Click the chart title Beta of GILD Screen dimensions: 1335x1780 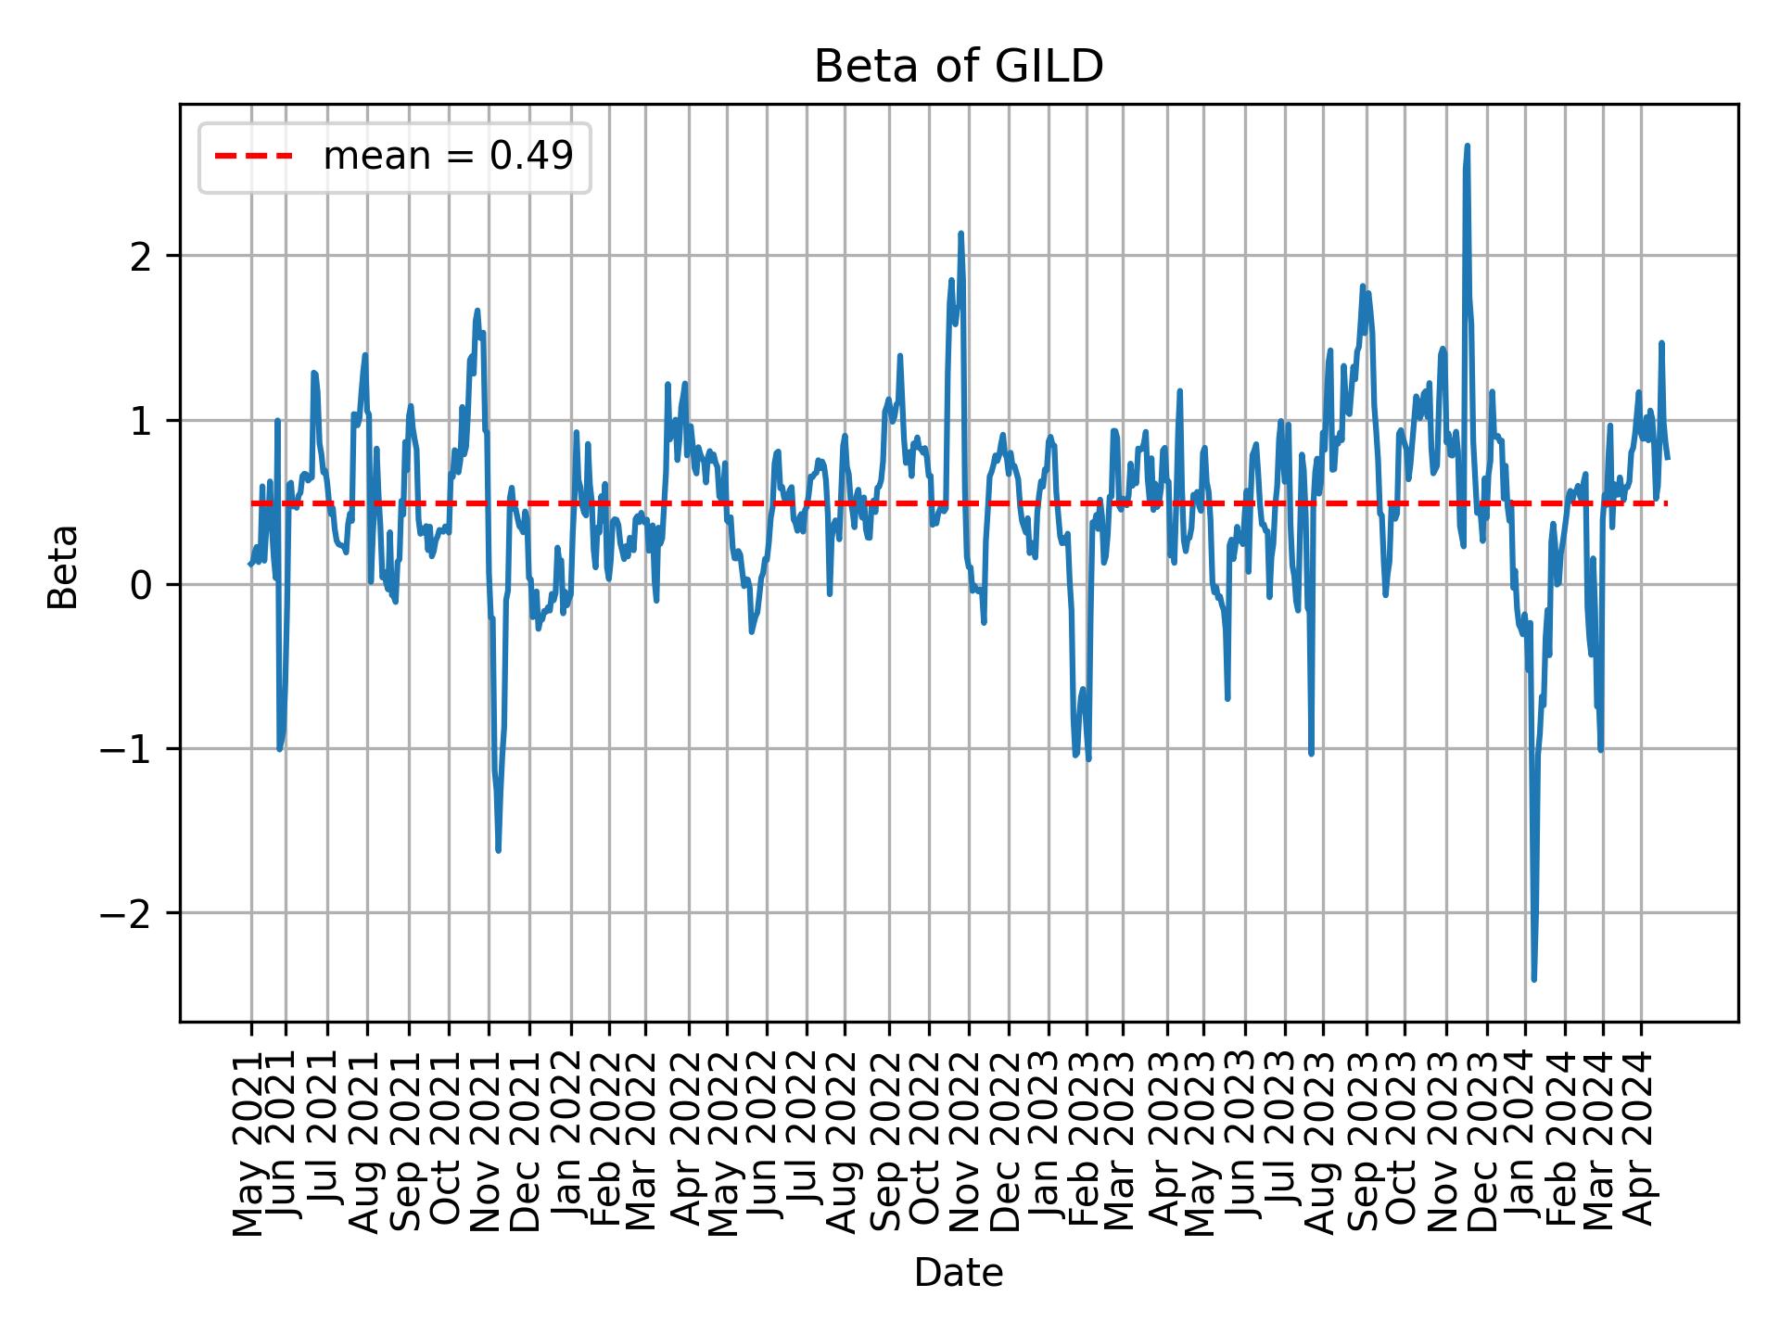point(958,67)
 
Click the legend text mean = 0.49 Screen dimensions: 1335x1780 point(448,157)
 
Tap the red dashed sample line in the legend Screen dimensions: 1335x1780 point(254,157)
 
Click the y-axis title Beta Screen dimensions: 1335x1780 point(63,566)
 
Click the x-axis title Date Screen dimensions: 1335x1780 point(958,1273)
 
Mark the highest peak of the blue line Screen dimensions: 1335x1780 point(1467,146)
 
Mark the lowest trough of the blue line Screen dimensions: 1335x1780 point(1533,979)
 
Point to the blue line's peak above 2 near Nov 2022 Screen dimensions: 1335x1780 point(961,234)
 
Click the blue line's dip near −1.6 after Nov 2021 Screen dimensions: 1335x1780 point(499,849)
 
